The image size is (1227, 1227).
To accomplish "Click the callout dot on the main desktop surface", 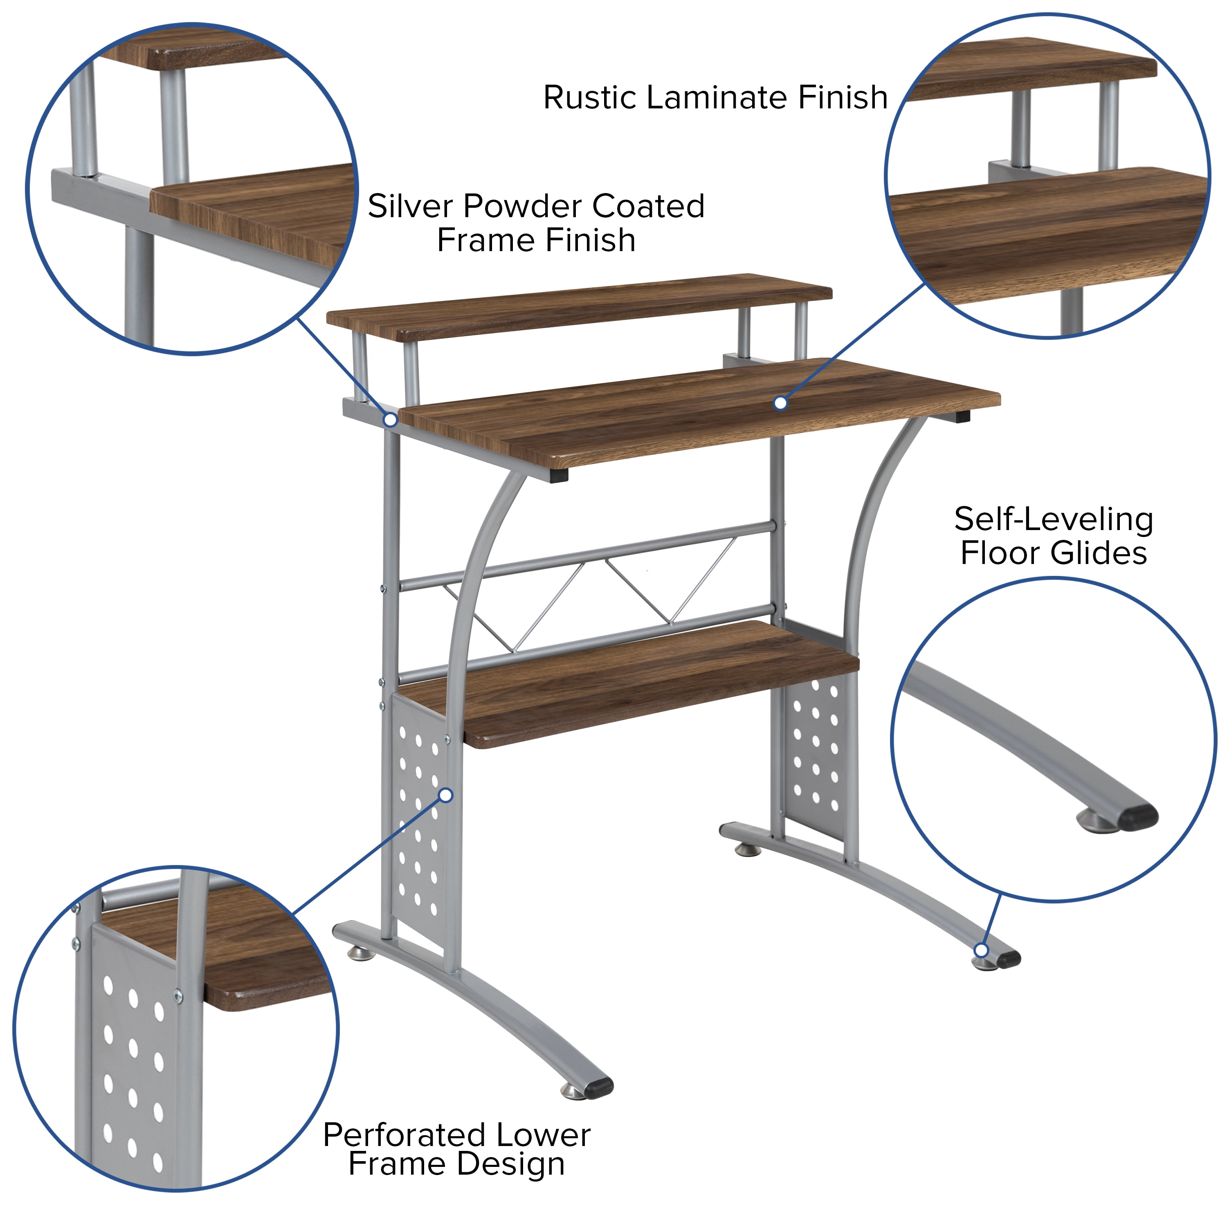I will point(780,402).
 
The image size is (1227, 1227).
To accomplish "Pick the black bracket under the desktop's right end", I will point(962,417).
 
